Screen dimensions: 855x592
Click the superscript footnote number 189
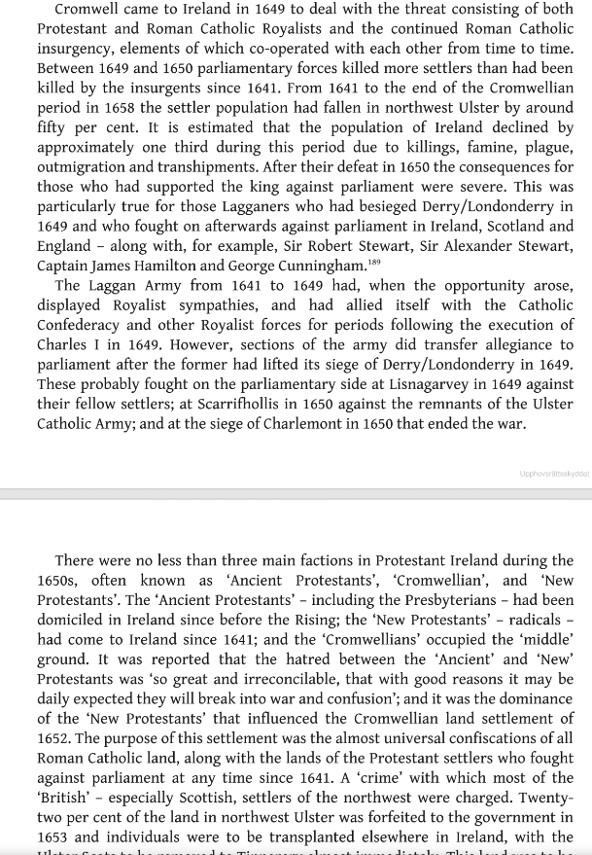pos(374,261)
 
